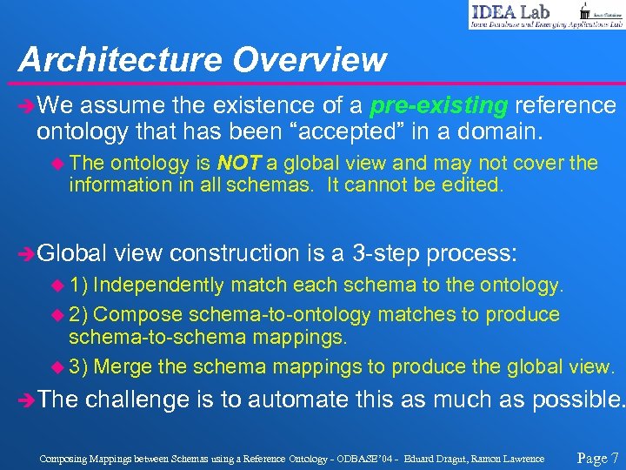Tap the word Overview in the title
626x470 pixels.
[310, 59]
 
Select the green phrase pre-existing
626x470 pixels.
[439, 106]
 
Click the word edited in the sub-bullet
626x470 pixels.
[473, 185]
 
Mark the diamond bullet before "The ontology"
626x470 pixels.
[58, 164]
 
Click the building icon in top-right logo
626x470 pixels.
[585, 10]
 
